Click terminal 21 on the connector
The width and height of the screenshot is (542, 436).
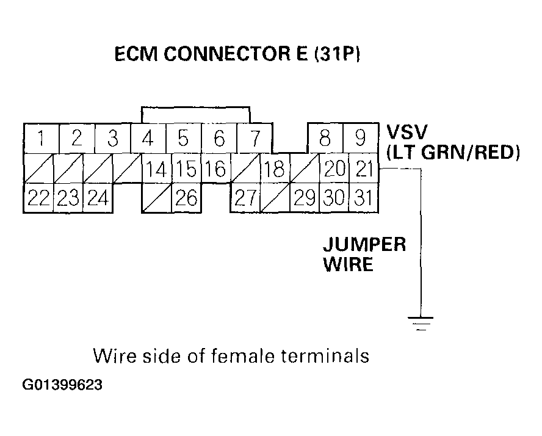pyautogui.click(x=364, y=169)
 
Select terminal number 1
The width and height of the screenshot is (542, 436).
pyautogui.click(x=41, y=139)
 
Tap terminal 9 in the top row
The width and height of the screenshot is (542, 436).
pyautogui.click(x=361, y=139)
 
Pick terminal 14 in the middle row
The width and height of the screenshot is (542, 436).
pyautogui.click(x=156, y=169)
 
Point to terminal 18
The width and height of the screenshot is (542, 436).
pyautogui.click(x=275, y=169)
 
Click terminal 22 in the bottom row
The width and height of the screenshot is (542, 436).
pyautogui.click(x=38, y=198)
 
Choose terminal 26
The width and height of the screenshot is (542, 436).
pyautogui.click(x=186, y=198)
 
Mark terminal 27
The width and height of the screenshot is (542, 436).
pyautogui.click(x=245, y=198)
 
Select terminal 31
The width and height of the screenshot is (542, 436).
pyautogui.click(x=364, y=198)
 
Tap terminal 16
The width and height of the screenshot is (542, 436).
pyautogui.click(x=215, y=169)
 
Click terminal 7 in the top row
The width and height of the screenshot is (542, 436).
pyautogui.click(x=255, y=139)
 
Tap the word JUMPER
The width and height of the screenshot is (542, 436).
pyautogui.click(x=364, y=245)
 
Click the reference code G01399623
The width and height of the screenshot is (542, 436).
pyautogui.click(x=63, y=385)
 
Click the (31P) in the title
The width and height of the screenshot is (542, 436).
pyautogui.click(x=336, y=56)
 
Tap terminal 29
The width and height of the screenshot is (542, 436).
pyautogui.click(x=305, y=198)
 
